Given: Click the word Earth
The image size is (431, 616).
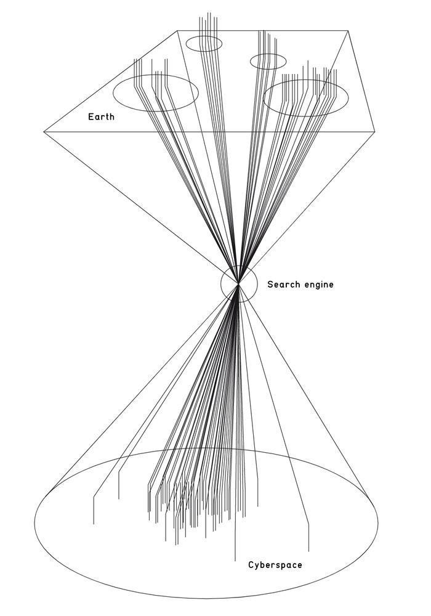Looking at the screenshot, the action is [x=101, y=116].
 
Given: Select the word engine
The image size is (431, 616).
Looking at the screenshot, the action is [x=318, y=285].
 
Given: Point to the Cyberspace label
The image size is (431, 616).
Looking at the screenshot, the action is [x=275, y=565].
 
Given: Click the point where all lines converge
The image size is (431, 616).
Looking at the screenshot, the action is [x=238, y=283].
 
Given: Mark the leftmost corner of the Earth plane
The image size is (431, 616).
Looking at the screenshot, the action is [x=44, y=132].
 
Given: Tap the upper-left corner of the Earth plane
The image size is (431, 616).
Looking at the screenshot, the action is [x=177, y=31].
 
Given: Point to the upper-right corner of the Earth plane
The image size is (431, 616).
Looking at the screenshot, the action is [x=348, y=30].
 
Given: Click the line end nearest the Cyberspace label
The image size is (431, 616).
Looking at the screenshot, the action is [x=235, y=561].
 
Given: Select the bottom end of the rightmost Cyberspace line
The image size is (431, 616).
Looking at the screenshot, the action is [x=308, y=551].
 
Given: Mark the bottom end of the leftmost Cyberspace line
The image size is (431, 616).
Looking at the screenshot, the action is [x=94, y=524].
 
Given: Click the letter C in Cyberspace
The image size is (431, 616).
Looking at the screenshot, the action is [x=251, y=565].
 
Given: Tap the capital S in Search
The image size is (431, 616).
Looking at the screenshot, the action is [x=270, y=284].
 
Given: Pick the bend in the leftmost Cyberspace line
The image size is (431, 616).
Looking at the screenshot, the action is [x=94, y=498].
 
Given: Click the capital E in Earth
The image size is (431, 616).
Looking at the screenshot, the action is [x=91, y=116].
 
